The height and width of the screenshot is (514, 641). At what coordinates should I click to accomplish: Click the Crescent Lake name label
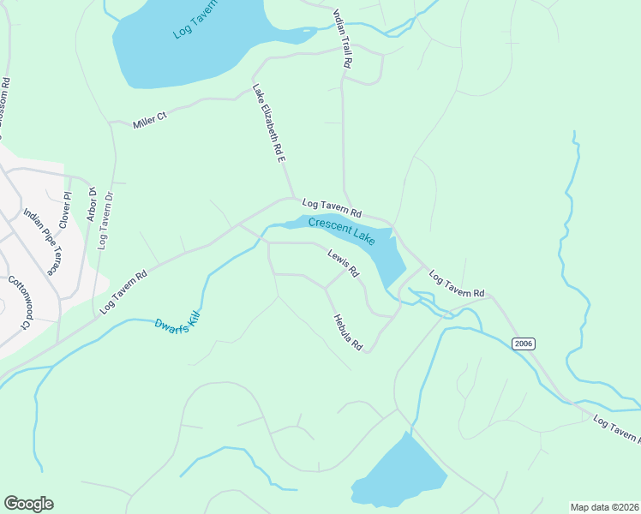(x=342, y=231)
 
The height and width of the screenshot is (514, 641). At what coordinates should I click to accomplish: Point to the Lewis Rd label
(x=343, y=262)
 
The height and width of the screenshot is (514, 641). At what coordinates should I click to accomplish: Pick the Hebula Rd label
(x=349, y=332)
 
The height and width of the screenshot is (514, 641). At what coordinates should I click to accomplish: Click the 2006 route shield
(x=524, y=344)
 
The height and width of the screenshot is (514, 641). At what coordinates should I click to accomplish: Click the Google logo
(x=28, y=504)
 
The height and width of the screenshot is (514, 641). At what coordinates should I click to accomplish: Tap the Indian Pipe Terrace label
(x=39, y=241)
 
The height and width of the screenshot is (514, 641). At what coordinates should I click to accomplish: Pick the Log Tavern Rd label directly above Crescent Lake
(x=332, y=207)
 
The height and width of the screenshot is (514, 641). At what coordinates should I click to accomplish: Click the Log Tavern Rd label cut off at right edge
(x=616, y=427)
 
